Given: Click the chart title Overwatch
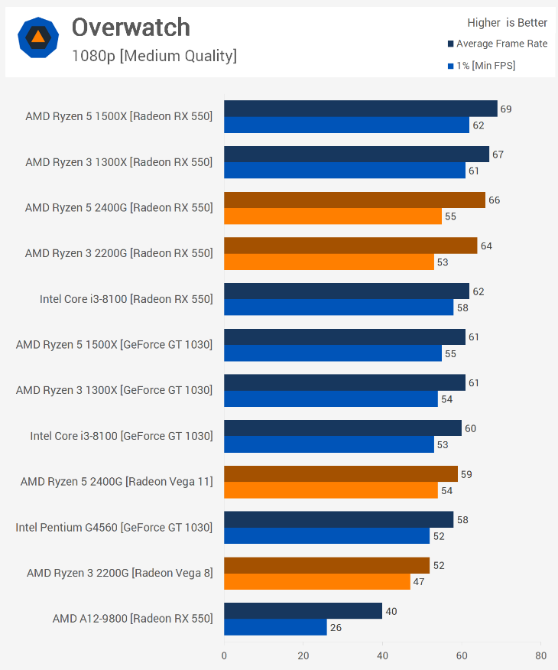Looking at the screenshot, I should click(x=131, y=28).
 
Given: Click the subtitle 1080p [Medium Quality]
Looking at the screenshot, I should click(x=154, y=56).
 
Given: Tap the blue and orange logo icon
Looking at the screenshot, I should click(x=37, y=37).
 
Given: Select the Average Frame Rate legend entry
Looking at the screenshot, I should click(x=501, y=44).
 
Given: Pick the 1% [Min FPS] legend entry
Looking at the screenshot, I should click(x=485, y=66).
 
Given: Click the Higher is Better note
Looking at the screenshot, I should click(x=508, y=23).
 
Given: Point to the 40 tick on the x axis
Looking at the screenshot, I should click(x=382, y=655).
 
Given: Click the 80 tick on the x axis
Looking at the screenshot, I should click(x=540, y=655).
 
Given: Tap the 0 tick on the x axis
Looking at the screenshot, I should click(x=224, y=655).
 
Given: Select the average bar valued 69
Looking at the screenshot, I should click(x=360, y=109).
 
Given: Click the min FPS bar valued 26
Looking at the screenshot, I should click(x=275, y=627).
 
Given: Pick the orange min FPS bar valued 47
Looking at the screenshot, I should click(x=317, y=581).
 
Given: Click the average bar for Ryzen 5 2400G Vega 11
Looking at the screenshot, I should click(x=341, y=474).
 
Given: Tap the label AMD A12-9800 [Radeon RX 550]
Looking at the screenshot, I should click(x=132, y=618).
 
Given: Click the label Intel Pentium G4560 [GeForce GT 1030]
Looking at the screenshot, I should click(x=114, y=527).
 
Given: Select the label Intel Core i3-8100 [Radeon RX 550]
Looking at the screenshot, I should click(x=126, y=299).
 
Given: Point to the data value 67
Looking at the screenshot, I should click(x=498, y=154).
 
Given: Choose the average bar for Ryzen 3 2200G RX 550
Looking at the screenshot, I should click(x=350, y=246).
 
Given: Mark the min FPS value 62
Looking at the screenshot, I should click(x=479, y=125).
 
